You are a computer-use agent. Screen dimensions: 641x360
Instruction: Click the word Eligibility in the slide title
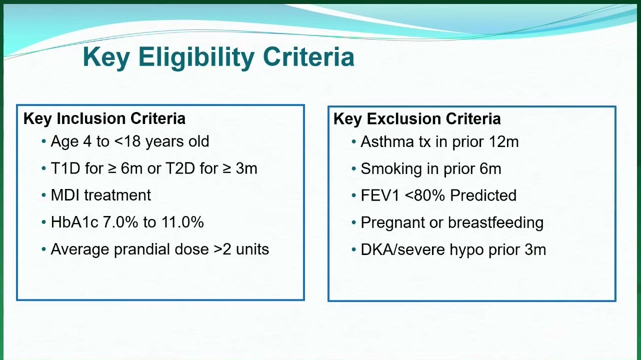click(196, 57)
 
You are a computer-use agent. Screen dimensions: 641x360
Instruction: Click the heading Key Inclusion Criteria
click(104, 118)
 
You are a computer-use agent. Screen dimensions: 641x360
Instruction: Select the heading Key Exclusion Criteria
click(417, 119)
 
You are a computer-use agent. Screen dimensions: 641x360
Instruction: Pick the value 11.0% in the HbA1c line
click(182, 222)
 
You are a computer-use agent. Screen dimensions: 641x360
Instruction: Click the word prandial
click(142, 249)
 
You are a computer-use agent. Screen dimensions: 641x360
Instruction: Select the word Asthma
click(387, 141)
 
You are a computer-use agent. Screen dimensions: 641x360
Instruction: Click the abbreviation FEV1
click(380, 195)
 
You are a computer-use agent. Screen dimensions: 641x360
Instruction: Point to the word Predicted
click(483, 195)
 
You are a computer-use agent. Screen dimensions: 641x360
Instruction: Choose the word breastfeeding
click(495, 222)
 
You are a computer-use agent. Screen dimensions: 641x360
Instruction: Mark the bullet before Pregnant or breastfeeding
click(353, 222)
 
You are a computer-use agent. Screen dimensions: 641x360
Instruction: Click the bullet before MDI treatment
click(44, 195)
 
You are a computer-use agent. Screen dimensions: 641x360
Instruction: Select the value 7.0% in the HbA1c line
click(120, 222)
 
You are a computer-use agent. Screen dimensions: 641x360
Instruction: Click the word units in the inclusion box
click(252, 249)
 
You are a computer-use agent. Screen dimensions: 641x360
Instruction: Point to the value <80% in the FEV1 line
click(425, 195)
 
